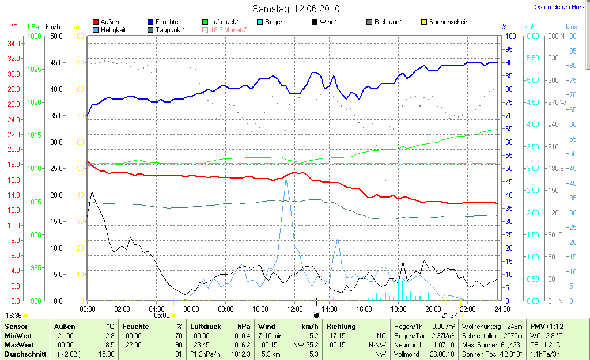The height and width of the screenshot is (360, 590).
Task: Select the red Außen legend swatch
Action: coord(96,22)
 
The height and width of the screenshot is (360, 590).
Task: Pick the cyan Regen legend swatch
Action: coord(260,22)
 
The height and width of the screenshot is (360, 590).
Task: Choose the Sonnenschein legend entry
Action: coord(449,22)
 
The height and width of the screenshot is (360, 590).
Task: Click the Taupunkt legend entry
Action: coord(170,30)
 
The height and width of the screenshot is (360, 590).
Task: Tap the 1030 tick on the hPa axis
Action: coord(34,36)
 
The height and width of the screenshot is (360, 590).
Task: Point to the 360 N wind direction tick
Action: coord(555,36)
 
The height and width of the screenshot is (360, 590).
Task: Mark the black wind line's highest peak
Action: coord(92,192)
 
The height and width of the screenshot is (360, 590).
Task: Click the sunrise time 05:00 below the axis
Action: coord(162,316)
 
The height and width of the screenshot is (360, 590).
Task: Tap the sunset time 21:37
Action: coord(449,316)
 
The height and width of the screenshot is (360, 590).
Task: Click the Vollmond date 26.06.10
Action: coord(443,354)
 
